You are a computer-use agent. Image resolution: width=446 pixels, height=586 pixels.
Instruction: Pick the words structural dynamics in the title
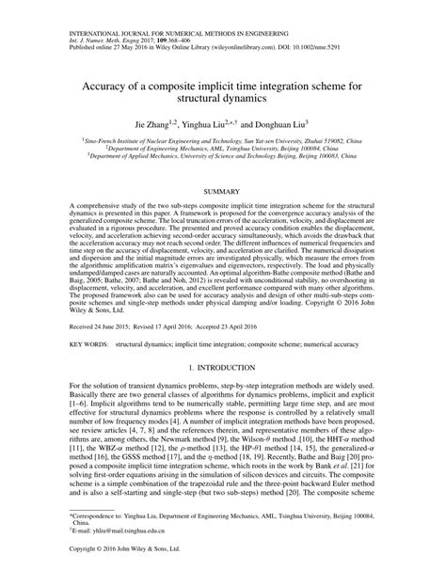click(x=223, y=96)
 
